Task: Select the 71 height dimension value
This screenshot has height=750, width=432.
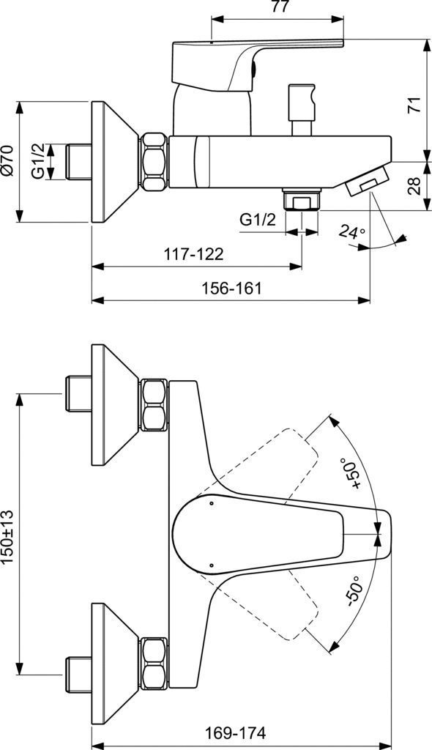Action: click(x=415, y=104)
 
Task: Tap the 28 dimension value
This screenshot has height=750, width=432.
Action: click(x=415, y=186)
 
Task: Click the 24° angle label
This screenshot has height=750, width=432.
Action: click(x=351, y=233)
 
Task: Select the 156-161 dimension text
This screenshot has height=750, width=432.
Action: click(x=231, y=288)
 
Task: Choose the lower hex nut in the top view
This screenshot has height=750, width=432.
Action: click(x=154, y=662)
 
